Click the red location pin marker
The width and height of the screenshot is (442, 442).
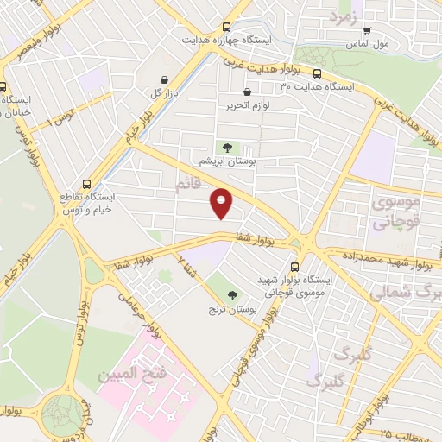point(222,204)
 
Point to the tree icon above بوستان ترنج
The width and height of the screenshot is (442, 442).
point(233,294)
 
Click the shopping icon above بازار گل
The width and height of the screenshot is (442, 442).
point(163,79)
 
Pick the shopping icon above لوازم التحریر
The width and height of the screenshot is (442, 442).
point(248,92)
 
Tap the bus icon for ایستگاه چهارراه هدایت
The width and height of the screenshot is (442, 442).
point(226,27)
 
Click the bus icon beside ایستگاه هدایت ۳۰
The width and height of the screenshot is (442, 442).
point(317,73)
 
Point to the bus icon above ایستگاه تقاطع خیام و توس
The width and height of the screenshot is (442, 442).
point(85,183)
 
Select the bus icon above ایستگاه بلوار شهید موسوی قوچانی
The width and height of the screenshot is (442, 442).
point(295,266)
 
